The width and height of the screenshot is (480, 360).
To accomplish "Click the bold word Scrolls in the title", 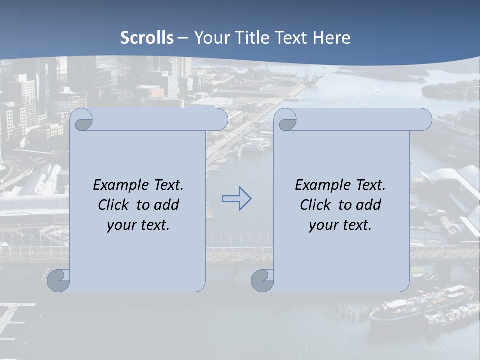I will coord(147,38).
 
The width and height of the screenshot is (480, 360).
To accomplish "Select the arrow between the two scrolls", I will coord(236,199).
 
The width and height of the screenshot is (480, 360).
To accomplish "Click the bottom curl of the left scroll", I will coord(59,280).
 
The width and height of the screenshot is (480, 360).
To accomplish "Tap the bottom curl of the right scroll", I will coord(262,280).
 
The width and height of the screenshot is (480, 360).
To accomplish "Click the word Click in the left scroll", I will coord(114,205).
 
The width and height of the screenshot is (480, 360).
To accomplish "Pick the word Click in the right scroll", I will coord(316,205).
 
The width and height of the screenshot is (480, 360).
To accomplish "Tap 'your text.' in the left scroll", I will coord(138,225).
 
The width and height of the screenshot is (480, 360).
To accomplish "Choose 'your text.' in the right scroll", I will coord(340,225).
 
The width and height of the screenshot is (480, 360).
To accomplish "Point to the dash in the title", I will coord(183,38).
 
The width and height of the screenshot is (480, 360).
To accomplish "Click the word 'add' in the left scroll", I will coord(167,205).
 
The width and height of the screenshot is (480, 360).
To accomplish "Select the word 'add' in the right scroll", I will coord(369,205).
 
